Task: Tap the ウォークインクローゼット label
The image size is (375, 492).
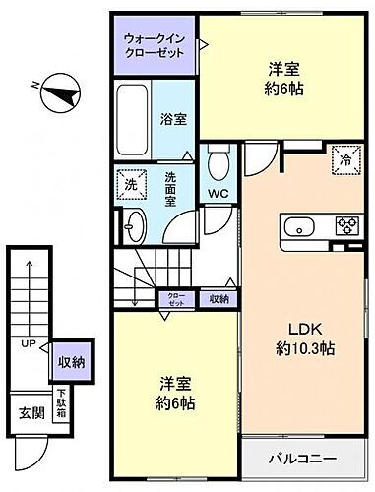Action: [x=153, y=45]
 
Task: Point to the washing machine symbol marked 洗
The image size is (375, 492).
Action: [x=129, y=183]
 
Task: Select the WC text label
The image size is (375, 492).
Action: [x=219, y=193]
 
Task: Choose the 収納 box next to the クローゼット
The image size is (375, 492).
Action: [x=218, y=298]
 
